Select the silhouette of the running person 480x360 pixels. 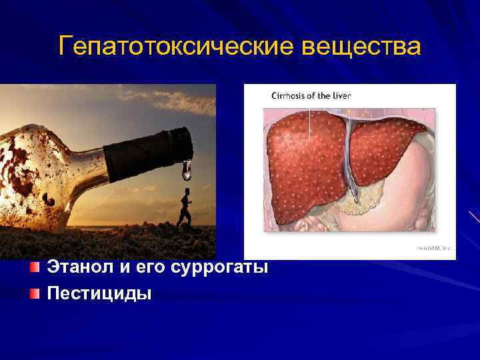coord(183,207)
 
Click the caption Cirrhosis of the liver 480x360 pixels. coord(311,95)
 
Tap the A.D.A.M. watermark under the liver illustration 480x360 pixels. coord(433,247)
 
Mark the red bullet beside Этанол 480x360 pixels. coord(35,268)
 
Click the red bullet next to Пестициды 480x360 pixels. coord(35,293)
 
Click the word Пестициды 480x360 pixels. coord(99,293)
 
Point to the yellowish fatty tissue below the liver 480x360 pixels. coord(363,200)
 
